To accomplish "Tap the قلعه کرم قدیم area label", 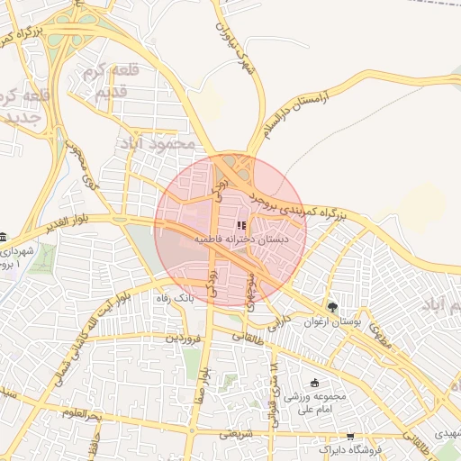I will tap(107, 82).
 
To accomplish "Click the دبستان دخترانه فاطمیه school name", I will tap(240, 241).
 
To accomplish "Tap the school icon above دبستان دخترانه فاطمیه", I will tap(240, 225).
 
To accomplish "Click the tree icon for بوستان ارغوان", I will tap(331, 307).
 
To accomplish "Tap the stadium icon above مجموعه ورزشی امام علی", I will tap(314, 382).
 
